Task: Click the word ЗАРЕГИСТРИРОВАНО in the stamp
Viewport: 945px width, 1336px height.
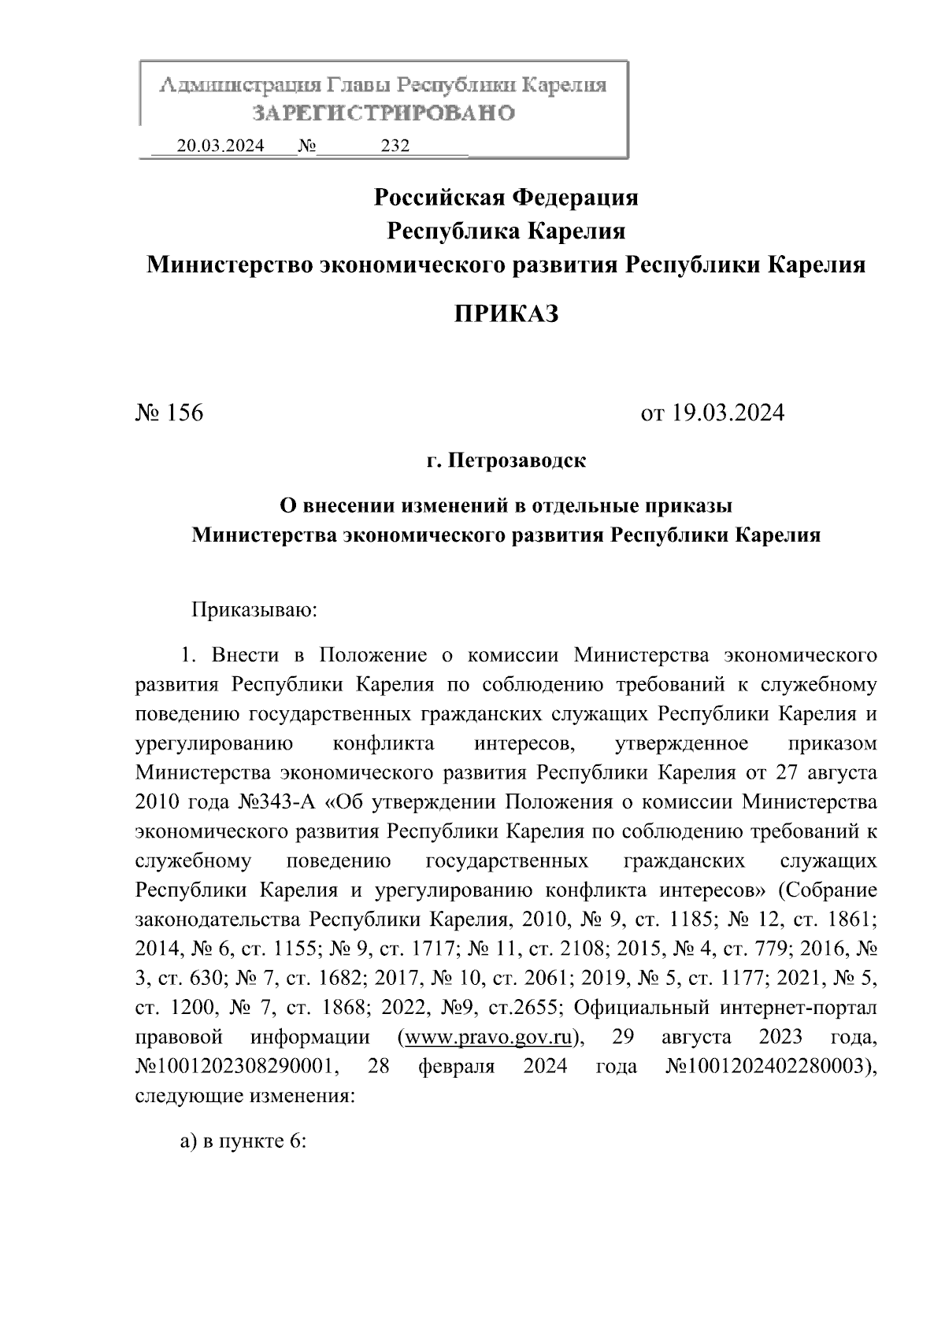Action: pos(384,113)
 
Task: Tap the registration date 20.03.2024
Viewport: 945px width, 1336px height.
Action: pos(220,146)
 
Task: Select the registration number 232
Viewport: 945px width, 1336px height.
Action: pos(395,146)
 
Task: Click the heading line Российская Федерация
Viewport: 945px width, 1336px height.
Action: pos(506,197)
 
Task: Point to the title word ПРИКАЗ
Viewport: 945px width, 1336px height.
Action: pos(506,314)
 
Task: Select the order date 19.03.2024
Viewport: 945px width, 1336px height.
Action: pos(728,413)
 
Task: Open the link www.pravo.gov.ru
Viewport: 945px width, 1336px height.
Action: pos(488,1037)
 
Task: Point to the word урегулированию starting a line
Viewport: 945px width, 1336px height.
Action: pos(215,744)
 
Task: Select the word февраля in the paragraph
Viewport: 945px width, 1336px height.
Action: pos(456,1067)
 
